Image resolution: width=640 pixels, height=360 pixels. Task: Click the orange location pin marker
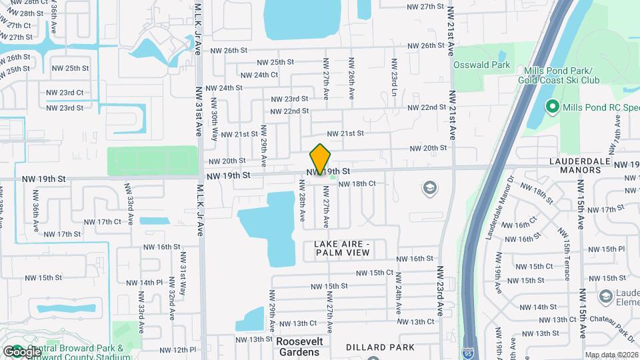[x=320, y=159]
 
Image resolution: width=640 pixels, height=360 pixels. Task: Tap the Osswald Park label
[x=481, y=65]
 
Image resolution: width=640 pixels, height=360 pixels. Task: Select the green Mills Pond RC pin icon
[x=551, y=106]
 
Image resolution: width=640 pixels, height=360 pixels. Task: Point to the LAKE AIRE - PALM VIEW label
[x=341, y=249]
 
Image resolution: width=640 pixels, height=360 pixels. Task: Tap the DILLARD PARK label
[x=380, y=347]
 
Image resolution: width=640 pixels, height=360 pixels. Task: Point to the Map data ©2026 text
[x=612, y=355]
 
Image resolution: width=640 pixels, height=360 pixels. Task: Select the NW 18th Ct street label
[x=357, y=183]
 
